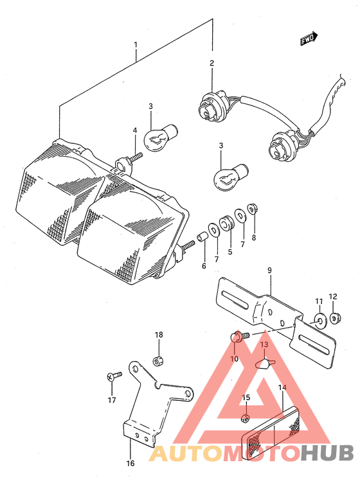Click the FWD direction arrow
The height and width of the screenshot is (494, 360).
click(x=309, y=39)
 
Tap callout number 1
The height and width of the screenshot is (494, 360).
click(x=136, y=45)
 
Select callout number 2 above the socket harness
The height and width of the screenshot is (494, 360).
click(x=212, y=63)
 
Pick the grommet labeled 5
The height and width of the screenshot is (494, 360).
click(x=227, y=223)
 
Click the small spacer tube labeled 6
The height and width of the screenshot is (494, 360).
click(x=202, y=236)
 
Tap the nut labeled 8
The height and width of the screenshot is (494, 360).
click(x=252, y=209)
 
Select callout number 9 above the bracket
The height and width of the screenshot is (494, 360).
click(x=269, y=270)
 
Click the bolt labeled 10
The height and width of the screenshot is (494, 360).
click(x=239, y=337)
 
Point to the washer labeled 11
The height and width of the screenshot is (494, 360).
click(x=319, y=321)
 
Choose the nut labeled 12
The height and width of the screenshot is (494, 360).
click(x=334, y=318)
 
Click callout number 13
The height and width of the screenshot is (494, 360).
click(x=264, y=345)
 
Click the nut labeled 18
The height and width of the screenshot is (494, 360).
click(x=159, y=360)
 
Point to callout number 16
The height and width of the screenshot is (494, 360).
click(x=130, y=463)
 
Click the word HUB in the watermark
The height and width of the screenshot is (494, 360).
click(x=327, y=453)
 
